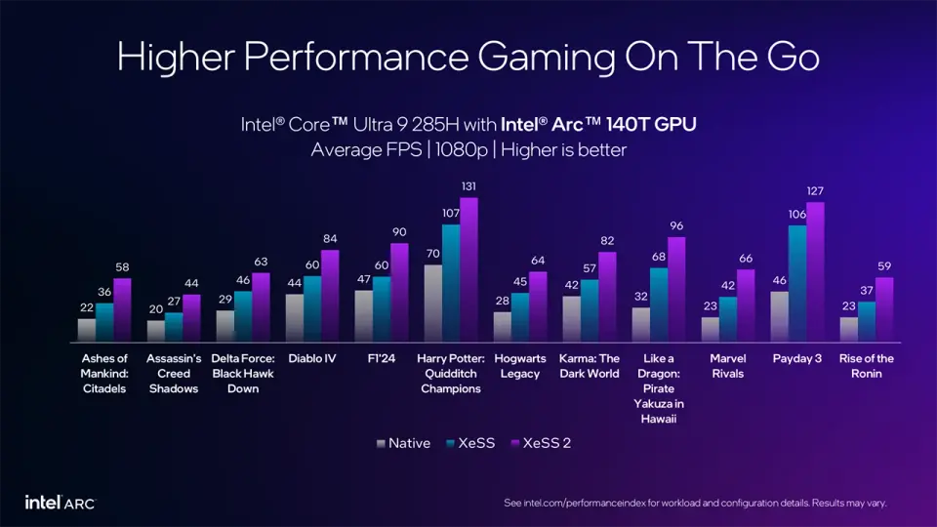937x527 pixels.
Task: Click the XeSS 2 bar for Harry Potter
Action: pyautogui.click(x=469, y=270)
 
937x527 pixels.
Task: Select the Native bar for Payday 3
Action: pyautogui.click(x=779, y=317)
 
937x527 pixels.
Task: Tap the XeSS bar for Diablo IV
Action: pyautogui.click(x=312, y=309)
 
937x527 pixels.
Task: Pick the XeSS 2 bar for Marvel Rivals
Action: pyautogui.click(x=746, y=306)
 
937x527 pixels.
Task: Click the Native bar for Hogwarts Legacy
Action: pyautogui.click(x=503, y=327)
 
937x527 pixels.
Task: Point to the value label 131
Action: pyautogui.click(x=469, y=186)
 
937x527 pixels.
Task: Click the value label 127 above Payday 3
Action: pyautogui.click(x=816, y=191)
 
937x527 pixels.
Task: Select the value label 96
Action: pyautogui.click(x=676, y=225)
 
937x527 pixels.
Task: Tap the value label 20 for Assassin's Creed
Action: pyautogui.click(x=156, y=309)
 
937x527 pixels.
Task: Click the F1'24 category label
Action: pyautogui.click(x=382, y=359)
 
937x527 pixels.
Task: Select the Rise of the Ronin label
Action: pyautogui.click(x=866, y=366)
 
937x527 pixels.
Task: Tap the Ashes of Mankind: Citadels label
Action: pyautogui.click(x=104, y=374)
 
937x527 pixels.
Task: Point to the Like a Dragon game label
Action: pyautogui.click(x=659, y=388)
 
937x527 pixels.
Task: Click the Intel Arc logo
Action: pyautogui.click(x=61, y=503)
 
